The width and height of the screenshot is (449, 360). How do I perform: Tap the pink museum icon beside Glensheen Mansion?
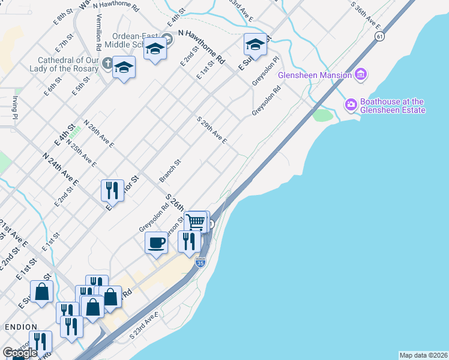(x=361, y=74)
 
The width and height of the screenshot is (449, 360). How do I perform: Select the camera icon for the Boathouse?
(x=350, y=105)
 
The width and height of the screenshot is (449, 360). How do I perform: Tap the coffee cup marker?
(x=156, y=243)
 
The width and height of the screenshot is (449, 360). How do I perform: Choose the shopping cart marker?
(x=196, y=221)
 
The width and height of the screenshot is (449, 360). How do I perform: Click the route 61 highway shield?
(x=379, y=37)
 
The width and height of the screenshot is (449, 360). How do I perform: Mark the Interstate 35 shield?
(x=200, y=262)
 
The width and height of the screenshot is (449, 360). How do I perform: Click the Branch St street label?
(x=170, y=171)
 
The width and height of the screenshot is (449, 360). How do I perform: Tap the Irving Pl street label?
(x=14, y=108)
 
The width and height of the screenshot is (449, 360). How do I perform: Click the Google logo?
(x=20, y=353)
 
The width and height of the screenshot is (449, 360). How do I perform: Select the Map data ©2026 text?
(x=423, y=355)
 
